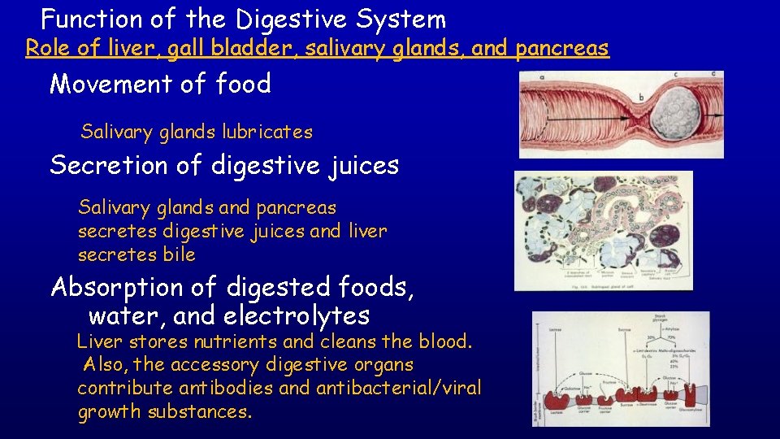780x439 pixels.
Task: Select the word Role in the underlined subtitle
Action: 48,49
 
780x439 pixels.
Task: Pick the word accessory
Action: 228,365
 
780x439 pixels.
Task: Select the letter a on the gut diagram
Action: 542,77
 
